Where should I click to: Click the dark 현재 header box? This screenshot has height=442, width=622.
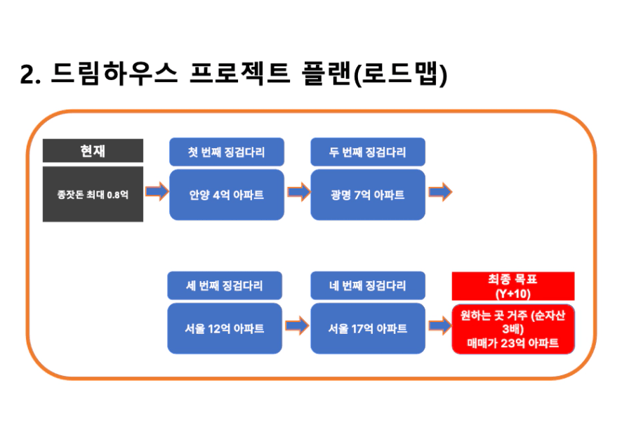(x=93, y=150)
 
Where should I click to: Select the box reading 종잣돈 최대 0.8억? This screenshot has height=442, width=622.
(x=93, y=194)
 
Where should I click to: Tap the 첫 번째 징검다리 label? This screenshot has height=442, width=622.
(x=227, y=152)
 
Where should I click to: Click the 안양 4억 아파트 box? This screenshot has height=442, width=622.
(x=227, y=195)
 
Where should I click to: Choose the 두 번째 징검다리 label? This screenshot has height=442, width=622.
(x=368, y=152)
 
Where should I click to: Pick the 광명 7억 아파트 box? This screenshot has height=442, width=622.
(x=368, y=195)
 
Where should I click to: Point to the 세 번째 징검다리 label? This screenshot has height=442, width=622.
(x=225, y=285)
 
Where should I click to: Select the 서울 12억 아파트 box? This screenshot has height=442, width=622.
(x=225, y=328)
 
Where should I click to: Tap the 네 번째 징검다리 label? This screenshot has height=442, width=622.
(x=368, y=285)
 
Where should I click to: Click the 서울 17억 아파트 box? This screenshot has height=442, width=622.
(x=368, y=328)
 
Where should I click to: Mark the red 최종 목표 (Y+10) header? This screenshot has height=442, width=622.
(x=513, y=286)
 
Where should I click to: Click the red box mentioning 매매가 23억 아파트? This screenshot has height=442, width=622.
(x=513, y=329)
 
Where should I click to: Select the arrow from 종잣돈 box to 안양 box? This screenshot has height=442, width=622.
(x=157, y=192)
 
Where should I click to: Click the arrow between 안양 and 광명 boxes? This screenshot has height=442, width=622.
(x=298, y=192)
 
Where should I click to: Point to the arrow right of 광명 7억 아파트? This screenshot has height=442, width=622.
(x=440, y=192)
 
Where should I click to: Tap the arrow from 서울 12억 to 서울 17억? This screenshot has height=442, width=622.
(x=297, y=325)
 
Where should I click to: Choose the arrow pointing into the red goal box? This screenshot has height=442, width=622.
(x=440, y=325)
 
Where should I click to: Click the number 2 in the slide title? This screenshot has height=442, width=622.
(x=27, y=74)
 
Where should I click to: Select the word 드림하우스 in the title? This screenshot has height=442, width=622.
(x=114, y=74)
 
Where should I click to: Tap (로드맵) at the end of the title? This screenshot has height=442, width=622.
(x=400, y=74)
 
